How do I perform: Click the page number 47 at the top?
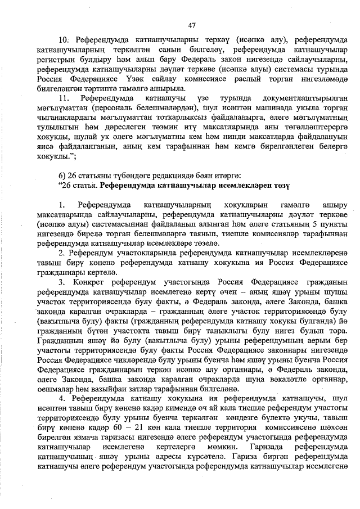(x=191, y=25)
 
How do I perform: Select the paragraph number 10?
(x=64, y=41)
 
